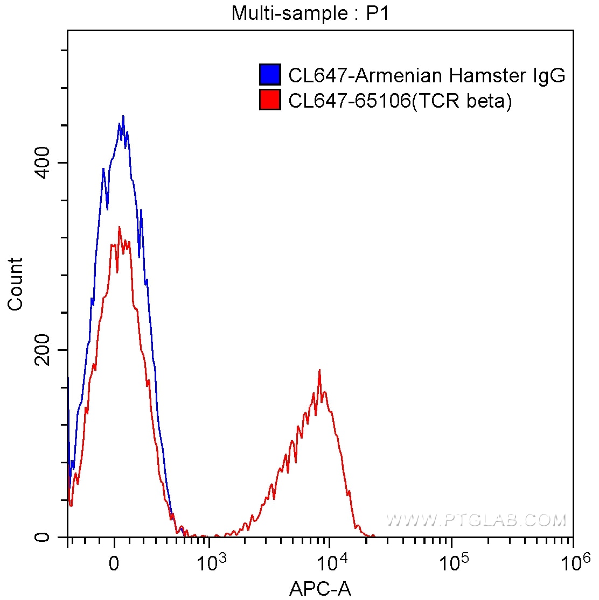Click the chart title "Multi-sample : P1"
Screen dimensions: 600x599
click(x=310, y=13)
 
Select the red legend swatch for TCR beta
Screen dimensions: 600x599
click(x=270, y=100)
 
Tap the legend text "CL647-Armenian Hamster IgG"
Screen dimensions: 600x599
click(x=427, y=75)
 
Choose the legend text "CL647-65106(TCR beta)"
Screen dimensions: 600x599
click(x=400, y=101)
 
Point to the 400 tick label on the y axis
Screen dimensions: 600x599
click(x=43, y=163)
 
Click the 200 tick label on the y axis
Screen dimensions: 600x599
click(x=43, y=350)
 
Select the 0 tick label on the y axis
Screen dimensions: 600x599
click(x=43, y=537)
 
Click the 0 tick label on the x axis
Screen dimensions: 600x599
click(x=114, y=564)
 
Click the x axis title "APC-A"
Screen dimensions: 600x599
click(x=320, y=589)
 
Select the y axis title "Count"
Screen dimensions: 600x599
click(x=16, y=284)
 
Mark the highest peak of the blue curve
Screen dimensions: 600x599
click(x=123, y=116)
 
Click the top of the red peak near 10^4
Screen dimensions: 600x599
click(x=319, y=370)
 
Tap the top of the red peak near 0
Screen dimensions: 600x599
click(x=119, y=227)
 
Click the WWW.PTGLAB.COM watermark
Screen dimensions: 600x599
click(x=476, y=520)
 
